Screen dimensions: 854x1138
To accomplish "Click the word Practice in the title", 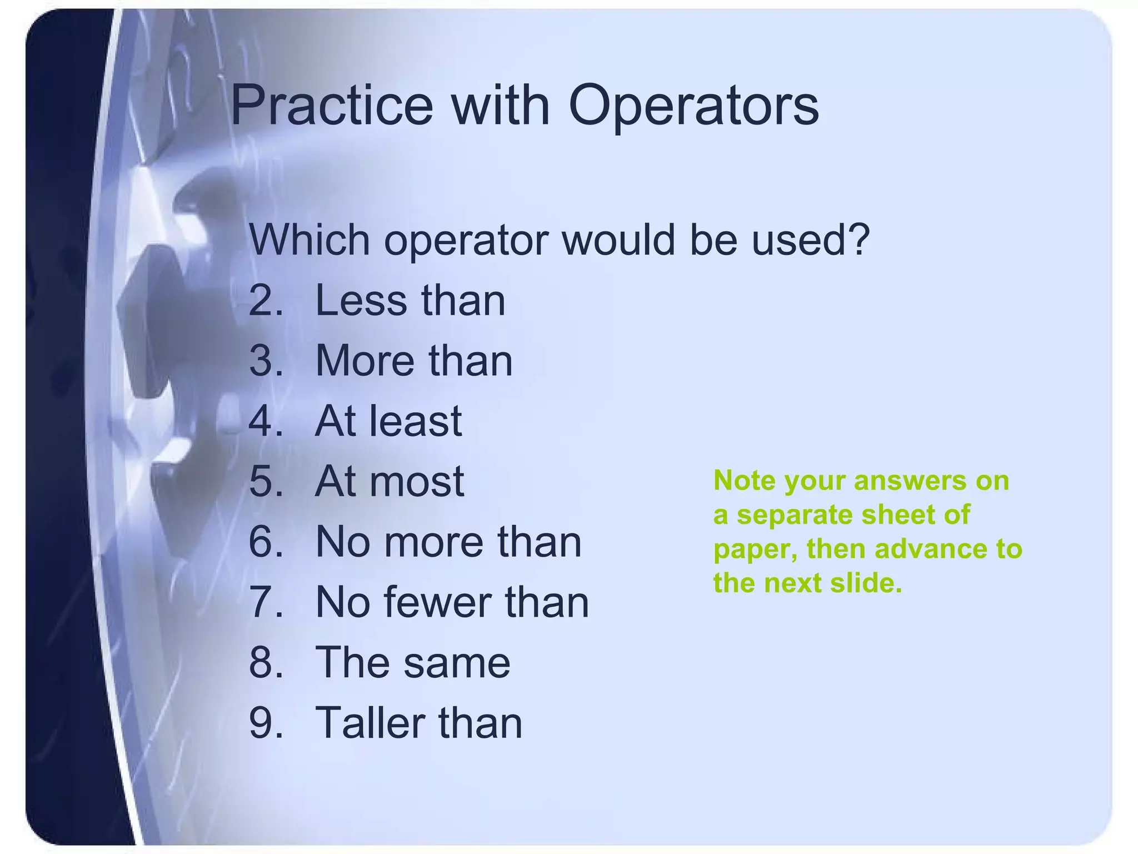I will pos(331,106).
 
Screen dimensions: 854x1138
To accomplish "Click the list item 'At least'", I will pos(388,421).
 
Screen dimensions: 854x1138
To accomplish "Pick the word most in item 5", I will pos(416,481).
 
